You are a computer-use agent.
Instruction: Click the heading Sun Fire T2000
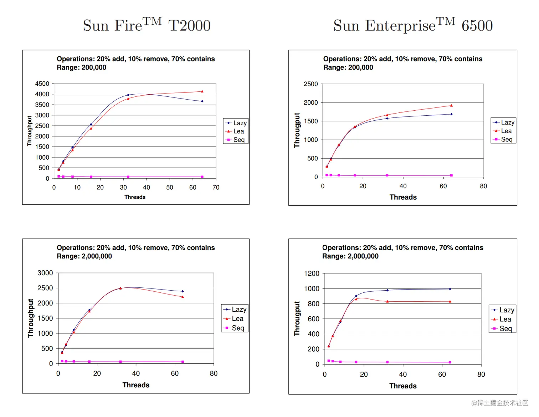tap(147, 25)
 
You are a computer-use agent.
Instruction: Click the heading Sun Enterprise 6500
tap(413, 25)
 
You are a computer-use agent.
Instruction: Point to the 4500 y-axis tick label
tap(42, 84)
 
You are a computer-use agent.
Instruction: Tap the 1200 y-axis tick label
tap(312, 273)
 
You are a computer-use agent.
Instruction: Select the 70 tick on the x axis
tap(216, 187)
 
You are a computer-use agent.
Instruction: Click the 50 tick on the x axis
tap(170, 187)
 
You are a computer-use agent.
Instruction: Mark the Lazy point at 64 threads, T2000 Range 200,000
tap(202, 101)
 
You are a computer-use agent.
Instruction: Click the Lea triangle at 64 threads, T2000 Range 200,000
tap(202, 91)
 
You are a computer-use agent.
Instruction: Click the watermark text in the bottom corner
tap(500, 403)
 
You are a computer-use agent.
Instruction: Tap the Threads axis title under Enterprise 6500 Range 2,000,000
tap(403, 386)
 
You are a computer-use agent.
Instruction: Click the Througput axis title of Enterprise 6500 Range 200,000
tap(297, 130)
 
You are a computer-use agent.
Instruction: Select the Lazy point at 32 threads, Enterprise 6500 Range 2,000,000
tap(387, 290)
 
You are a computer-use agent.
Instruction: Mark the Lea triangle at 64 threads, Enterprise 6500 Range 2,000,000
tap(450, 301)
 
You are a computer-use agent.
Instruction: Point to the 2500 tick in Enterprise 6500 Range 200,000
tap(310, 84)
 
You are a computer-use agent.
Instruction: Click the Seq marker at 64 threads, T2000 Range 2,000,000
tap(183, 362)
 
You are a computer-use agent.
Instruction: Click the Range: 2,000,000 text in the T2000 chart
tap(84, 256)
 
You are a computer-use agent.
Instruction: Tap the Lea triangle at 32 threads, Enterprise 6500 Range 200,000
tap(387, 115)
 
